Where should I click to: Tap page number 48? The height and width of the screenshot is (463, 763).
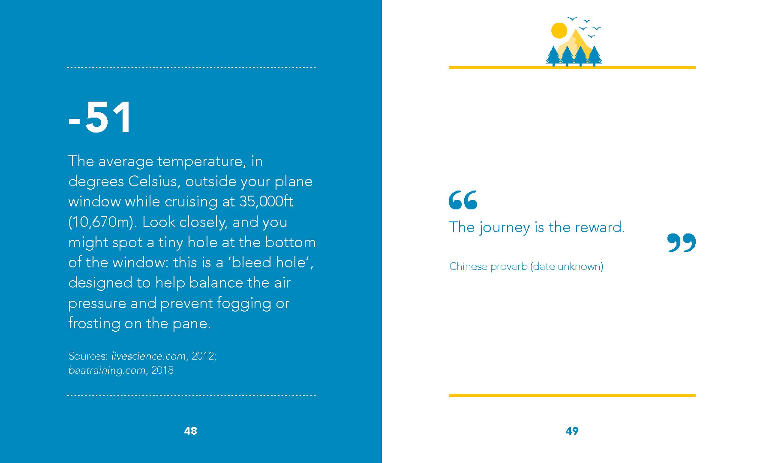[x=190, y=431]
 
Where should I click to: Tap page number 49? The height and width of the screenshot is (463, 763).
[x=572, y=431]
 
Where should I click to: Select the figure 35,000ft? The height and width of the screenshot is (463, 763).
[x=266, y=201]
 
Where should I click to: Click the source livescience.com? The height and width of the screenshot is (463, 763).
[x=149, y=356]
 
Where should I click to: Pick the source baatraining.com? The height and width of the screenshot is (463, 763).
[x=107, y=370]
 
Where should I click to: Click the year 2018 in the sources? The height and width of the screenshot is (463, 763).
[x=162, y=370]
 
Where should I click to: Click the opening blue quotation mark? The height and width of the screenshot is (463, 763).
[x=463, y=200]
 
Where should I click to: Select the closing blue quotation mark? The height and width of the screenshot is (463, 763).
[x=681, y=243]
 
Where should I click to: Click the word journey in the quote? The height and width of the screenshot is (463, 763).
[x=505, y=228]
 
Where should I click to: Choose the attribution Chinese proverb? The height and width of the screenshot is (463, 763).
[x=488, y=266]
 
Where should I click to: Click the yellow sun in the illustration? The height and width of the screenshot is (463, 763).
[x=559, y=30]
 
